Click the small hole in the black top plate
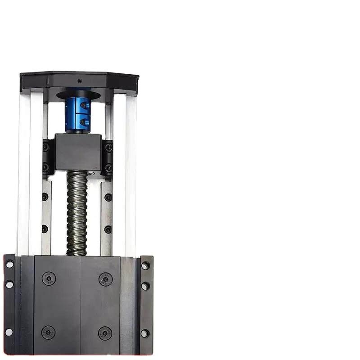click(x=80, y=81)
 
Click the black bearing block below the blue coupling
click(x=78, y=152)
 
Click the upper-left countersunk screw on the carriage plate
click(x=49, y=279)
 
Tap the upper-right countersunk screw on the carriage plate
click(x=105, y=279)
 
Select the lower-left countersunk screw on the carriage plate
click(x=48, y=333)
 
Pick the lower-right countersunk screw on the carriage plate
click(x=105, y=333)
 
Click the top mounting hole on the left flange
click(x=9, y=264)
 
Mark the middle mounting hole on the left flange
click(x=9, y=284)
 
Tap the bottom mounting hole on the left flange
click(x=9, y=332)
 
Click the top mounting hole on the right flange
click(x=145, y=265)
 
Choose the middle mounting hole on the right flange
click(x=145, y=286)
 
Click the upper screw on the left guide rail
click(x=45, y=197)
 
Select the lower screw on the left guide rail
click(x=45, y=229)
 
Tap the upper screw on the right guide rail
click(x=108, y=197)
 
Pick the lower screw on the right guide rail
click(x=108, y=229)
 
